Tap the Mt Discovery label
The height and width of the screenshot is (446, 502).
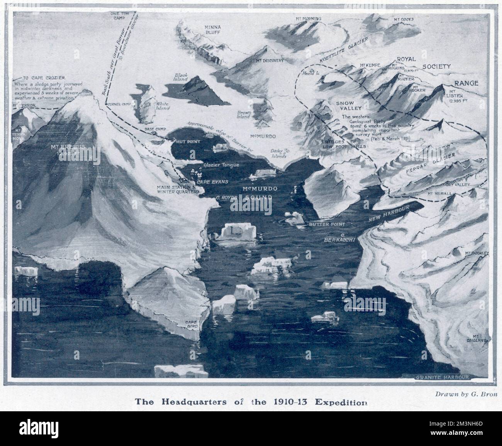coord(270,61)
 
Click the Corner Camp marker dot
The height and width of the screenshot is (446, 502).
coord(106,104)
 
